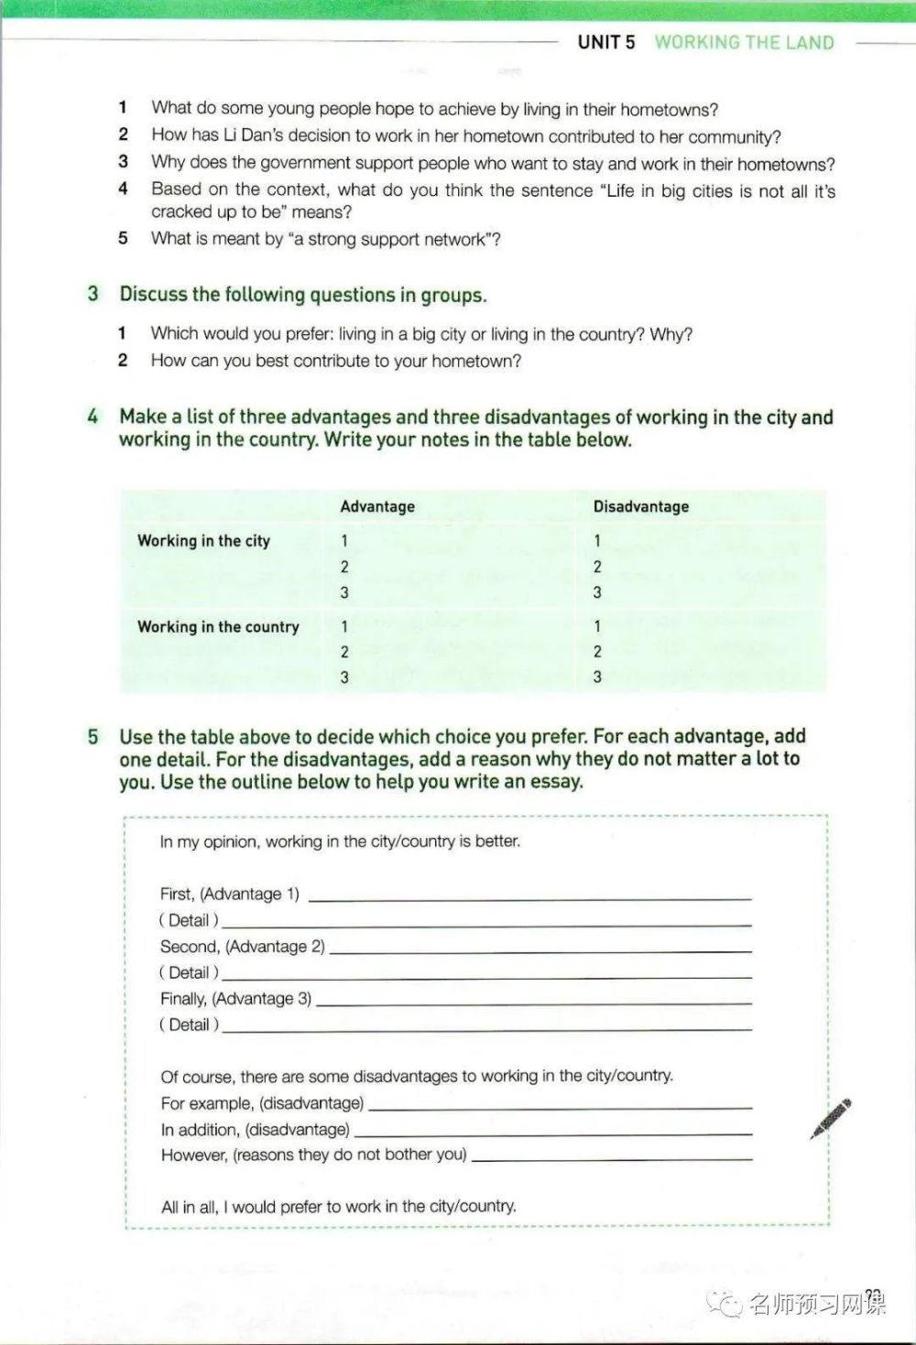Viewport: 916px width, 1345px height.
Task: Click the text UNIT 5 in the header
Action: [605, 42]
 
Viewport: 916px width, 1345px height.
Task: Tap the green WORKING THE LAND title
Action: [744, 42]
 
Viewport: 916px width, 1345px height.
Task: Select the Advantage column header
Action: [377, 506]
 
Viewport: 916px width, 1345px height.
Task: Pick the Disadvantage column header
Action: [640, 506]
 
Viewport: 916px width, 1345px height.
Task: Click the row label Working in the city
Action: [203, 540]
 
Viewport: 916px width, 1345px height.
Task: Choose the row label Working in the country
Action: [218, 627]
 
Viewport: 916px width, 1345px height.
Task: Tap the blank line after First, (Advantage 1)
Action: [529, 897]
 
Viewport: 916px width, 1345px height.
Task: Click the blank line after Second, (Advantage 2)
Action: [540, 950]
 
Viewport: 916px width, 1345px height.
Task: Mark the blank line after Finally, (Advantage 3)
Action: [533, 1003]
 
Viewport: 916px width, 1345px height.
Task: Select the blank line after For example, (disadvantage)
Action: [560, 1107]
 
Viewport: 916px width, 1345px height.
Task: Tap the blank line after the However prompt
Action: [611, 1158]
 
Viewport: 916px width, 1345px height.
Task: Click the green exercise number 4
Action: [93, 417]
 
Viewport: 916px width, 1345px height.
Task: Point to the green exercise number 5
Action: [93, 736]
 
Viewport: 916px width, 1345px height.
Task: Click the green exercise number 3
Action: [93, 294]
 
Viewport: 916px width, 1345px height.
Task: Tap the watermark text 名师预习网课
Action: [816, 1302]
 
